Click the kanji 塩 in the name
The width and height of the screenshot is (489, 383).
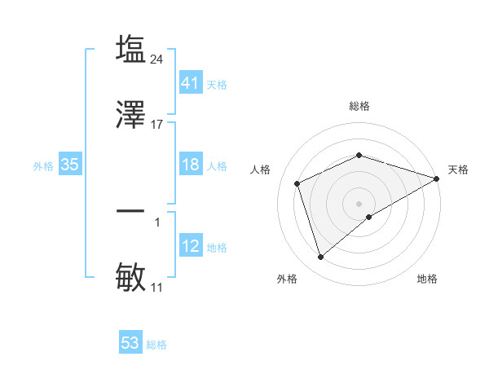click(x=131, y=49)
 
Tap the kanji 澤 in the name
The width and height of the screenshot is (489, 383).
click(x=131, y=115)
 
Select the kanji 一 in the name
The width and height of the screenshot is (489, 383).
click(x=131, y=211)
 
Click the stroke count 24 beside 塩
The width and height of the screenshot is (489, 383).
click(x=158, y=59)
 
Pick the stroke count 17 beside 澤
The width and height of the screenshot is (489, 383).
click(x=157, y=125)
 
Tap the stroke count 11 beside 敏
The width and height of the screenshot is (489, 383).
click(x=157, y=288)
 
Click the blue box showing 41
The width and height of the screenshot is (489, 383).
click(x=190, y=82)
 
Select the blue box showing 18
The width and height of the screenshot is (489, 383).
click(x=190, y=165)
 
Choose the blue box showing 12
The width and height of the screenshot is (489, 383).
click(x=190, y=246)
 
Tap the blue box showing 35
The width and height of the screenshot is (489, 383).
click(x=70, y=165)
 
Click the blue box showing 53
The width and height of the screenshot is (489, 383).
click(x=130, y=343)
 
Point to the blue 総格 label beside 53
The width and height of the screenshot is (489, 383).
click(x=156, y=344)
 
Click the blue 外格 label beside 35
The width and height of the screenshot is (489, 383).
click(x=43, y=165)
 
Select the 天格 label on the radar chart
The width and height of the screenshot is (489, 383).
click(x=458, y=169)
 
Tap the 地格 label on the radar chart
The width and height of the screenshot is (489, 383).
click(x=427, y=279)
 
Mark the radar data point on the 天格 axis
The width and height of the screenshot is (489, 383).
click(x=437, y=178)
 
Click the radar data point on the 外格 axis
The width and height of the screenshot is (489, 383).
click(x=320, y=258)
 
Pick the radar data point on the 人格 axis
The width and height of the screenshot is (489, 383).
click(x=297, y=183)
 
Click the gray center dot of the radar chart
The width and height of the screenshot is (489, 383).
click(x=359, y=203)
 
